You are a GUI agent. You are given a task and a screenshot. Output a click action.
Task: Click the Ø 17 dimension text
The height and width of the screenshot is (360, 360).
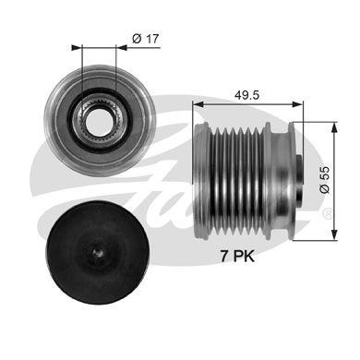pyautogui.click(x=144, y=38)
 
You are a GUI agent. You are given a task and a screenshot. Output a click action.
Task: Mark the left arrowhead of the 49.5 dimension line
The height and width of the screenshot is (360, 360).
pyautogui.click(x=196, y=103)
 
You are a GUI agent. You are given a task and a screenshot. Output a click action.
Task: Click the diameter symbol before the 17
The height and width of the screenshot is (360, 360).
pyautogui.click(x=136, y=38)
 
